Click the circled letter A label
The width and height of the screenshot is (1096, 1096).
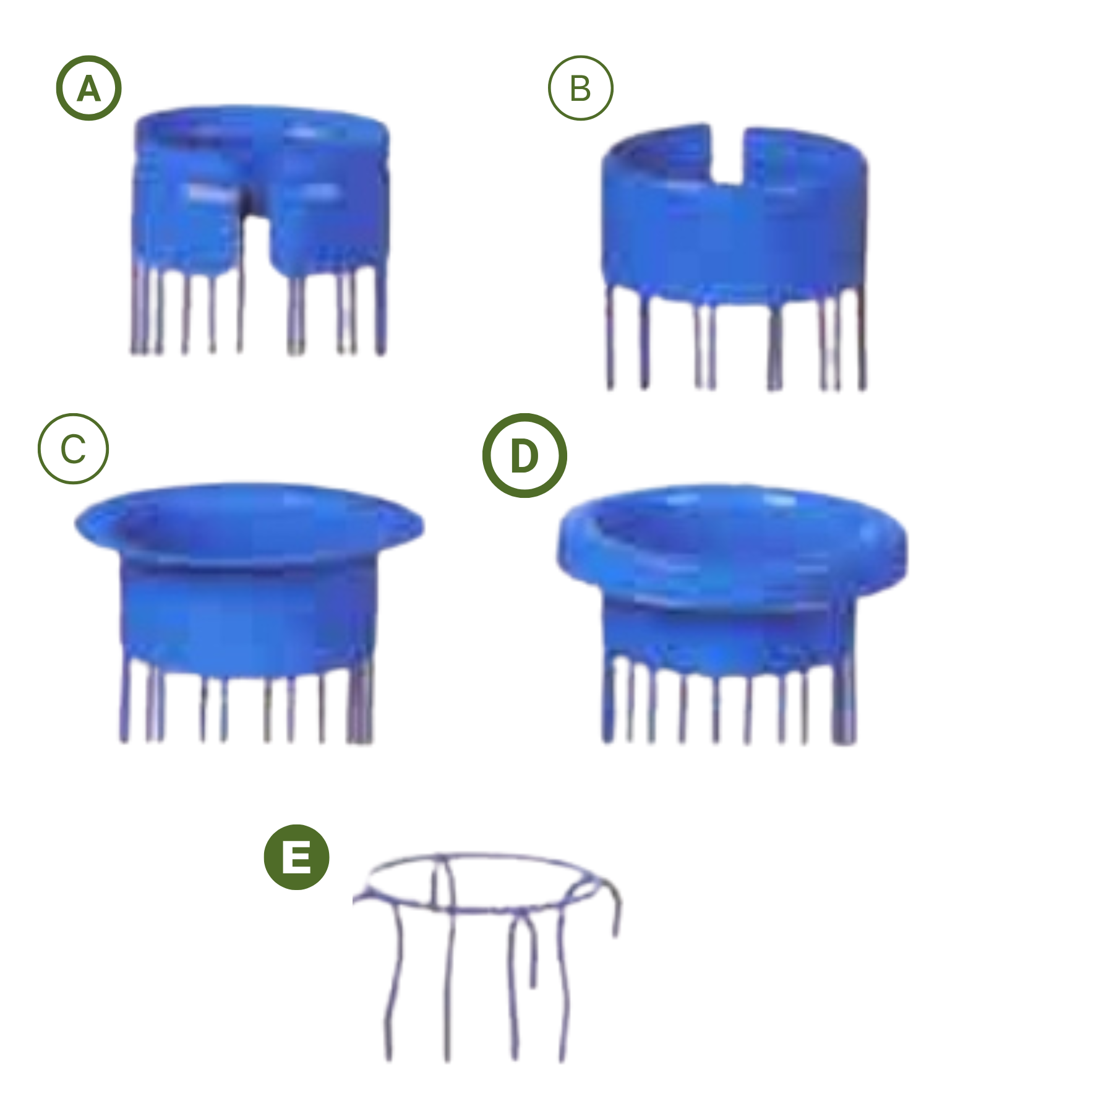point(89,88)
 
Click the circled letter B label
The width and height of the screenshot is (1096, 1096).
point(581,88)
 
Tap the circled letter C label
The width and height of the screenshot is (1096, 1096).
point(73,448)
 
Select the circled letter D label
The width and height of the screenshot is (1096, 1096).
point(524,456)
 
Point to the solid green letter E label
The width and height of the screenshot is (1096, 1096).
point(297,857)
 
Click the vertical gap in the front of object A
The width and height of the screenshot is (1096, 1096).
point(255,247)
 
